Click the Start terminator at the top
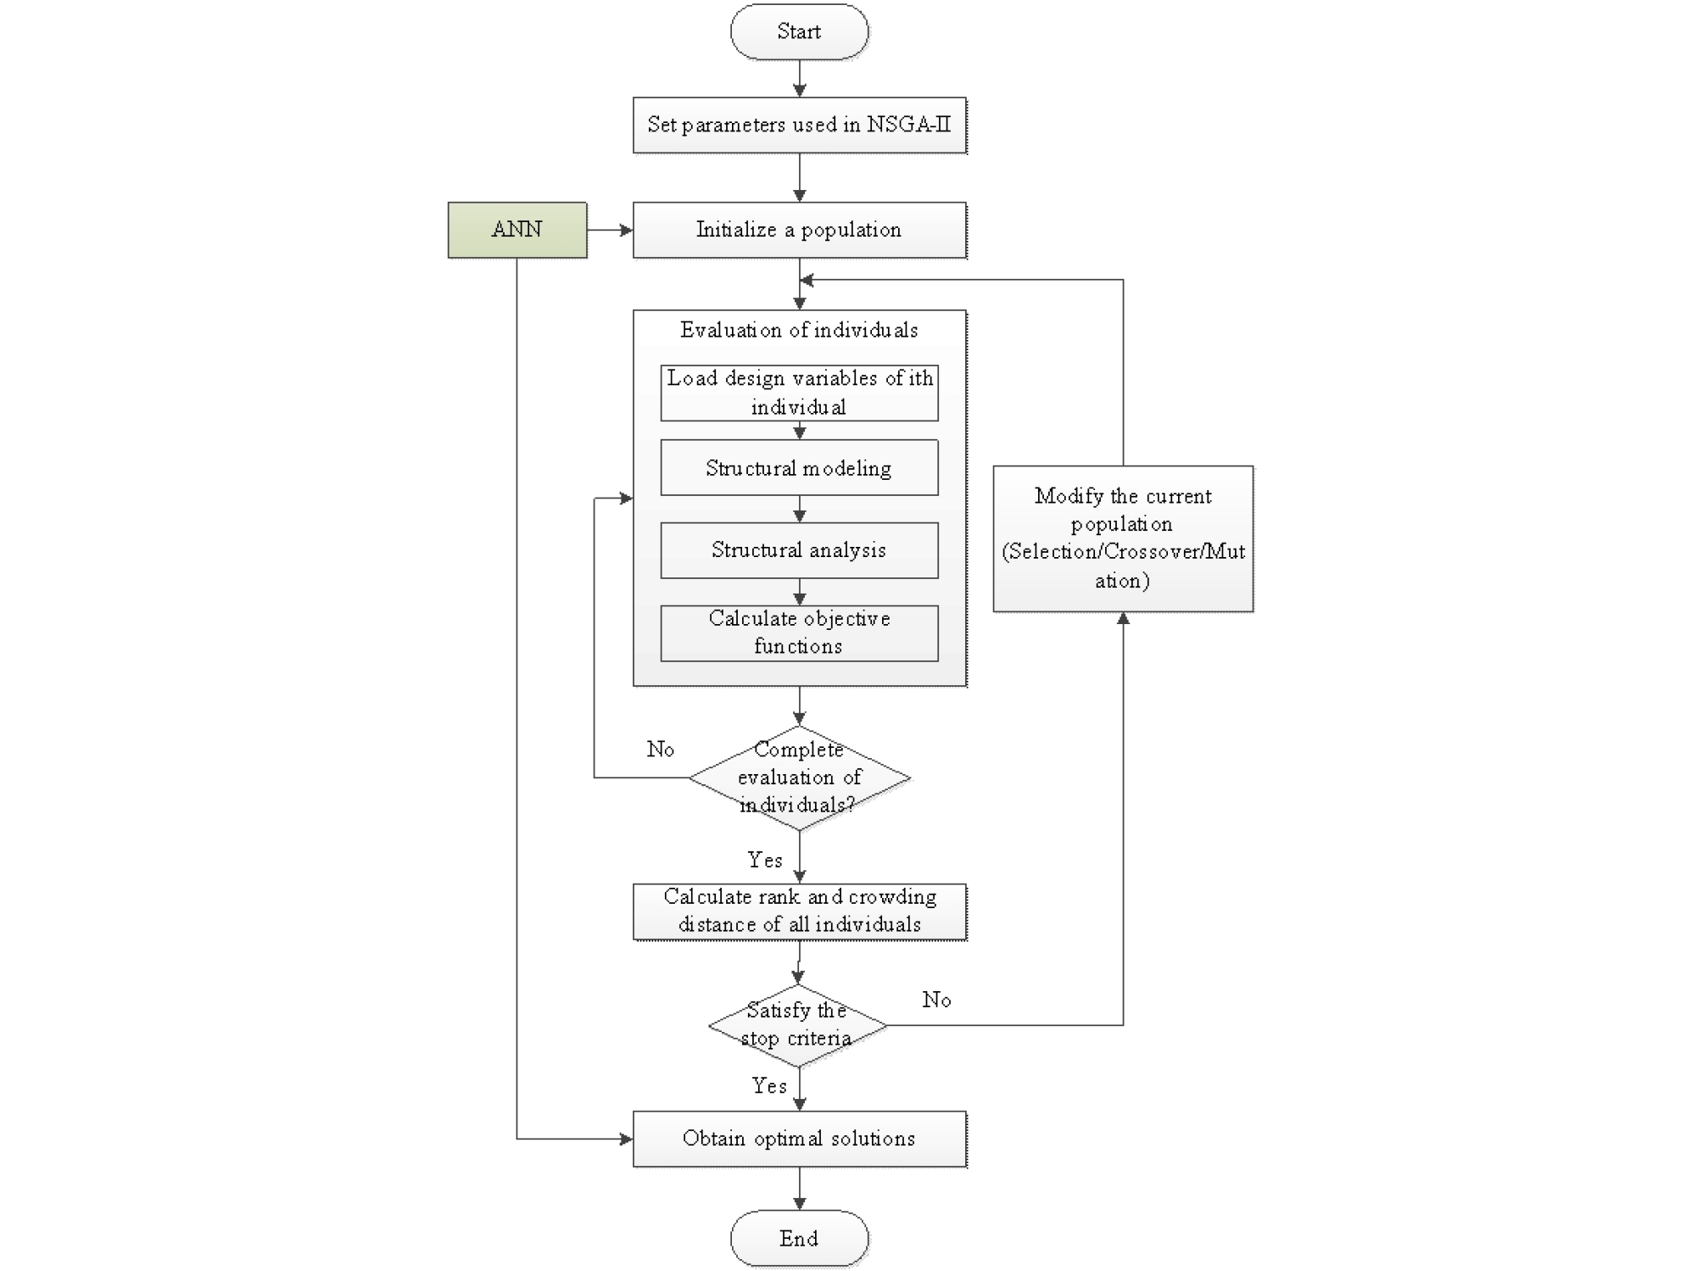[x=799, y=32]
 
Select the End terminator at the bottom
[x=799, y=1239]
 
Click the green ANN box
[x=517, y=230]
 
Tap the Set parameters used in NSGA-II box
[x=799, y=125]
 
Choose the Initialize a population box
[x=799, y=230]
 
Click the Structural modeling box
[x=799, y=468]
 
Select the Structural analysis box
[x=799, y=550]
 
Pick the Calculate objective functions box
[x=799, y=633]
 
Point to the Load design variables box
[x=799, y=393]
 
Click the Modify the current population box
[x=1123, y=538]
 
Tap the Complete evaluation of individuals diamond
[x=799, y=778]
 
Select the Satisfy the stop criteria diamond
[x=797, y=1025]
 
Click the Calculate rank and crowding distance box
[x=799, y=911]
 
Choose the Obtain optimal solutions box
[x=799, y=1139]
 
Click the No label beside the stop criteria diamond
[x=936, y=1001]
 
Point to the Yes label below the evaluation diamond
[x=765, y=861]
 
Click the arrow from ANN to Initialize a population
[x=610, y=230]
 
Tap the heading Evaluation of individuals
[x=799, y=331]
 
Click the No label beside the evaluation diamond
[x=661, y=750]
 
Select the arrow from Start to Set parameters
[x=799, y=79]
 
